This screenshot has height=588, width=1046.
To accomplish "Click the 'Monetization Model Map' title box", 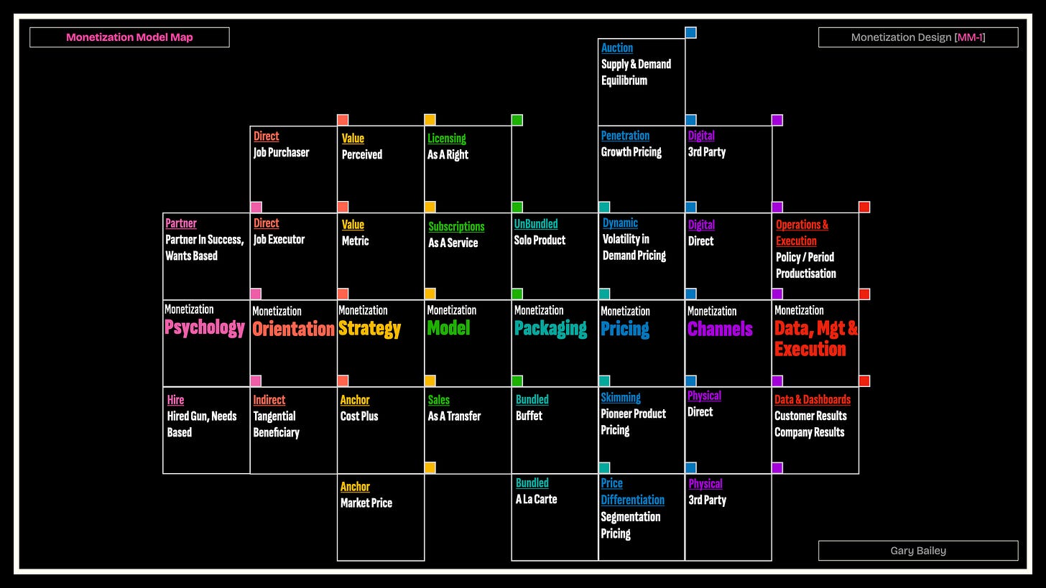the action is [129, 37].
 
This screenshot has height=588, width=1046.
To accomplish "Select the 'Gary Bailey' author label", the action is [917, 551].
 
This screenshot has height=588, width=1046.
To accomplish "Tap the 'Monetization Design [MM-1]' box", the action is [917, 37].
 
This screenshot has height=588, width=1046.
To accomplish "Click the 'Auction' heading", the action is [617, 48].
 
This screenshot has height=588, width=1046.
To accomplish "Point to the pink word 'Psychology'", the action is [205, 327].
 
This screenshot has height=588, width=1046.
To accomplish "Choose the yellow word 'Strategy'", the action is [369, 329].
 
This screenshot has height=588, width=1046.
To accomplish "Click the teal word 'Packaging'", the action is [550, 328].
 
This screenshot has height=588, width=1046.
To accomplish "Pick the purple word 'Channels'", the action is [720, 329].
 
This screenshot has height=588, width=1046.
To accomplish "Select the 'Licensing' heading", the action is [447, 139].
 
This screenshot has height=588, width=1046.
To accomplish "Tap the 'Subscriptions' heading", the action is [456, 227].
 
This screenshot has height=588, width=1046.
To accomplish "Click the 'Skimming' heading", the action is [621, 397].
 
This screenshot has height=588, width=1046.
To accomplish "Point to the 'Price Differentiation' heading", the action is [632, 492].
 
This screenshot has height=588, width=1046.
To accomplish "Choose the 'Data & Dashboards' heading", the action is [812, 399].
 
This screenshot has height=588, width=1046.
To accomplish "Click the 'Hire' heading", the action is [175, 400].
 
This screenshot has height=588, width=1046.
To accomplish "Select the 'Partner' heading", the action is [181, 223].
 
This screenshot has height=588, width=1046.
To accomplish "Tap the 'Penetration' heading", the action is [625, 136].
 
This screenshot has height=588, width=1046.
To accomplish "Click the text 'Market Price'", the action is [366, 503].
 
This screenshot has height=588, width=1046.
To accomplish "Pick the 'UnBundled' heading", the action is [536, 224].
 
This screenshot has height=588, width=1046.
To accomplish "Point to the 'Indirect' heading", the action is [269, 400].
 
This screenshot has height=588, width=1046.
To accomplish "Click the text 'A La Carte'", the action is [536, 499].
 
